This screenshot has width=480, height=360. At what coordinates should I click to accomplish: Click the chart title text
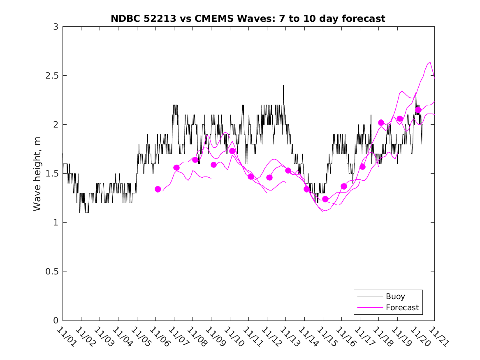pyautogui.click(x=248, y=19)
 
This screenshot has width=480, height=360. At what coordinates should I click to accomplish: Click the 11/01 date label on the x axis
pyautogui.click(x=66, y=337)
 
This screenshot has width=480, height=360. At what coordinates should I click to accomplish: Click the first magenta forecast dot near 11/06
pyautogui.click(x=158, y=189)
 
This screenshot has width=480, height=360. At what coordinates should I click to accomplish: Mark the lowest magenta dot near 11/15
pyautogui.click(x=325, y=199)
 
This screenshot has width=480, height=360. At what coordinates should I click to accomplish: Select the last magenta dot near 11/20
pyautogui.click(x=418, y=110)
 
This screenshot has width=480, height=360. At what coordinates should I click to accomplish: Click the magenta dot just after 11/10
pyautogui.click(x=232, y=151)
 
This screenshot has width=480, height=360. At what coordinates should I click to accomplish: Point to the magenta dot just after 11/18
pyautogui.click(x=381, y=123)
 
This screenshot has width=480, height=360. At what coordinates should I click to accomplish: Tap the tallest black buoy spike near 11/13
pyautogui.click(x=283, y=86)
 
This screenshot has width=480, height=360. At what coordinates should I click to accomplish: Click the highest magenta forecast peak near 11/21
pyautogui.click(x=430, y=62)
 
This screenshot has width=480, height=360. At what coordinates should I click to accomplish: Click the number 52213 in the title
pyautogui.click(x=165, y=19)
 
